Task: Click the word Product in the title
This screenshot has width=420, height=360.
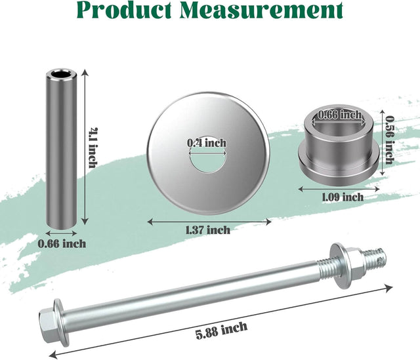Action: pos(124,10)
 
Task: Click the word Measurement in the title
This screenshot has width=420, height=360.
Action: pos(261,10)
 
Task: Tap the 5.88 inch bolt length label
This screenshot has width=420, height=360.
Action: pos(222,330)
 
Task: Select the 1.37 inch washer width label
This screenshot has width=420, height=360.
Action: pos(208,230)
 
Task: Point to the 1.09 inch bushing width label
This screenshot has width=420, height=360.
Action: pos(343,197)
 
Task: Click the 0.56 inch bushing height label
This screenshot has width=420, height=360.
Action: pos(389,140)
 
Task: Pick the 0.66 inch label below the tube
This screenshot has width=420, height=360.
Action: pos(62,244)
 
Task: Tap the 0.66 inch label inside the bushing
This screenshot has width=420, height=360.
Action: pos(339,115)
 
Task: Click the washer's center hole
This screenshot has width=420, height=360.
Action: pos(208,161)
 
